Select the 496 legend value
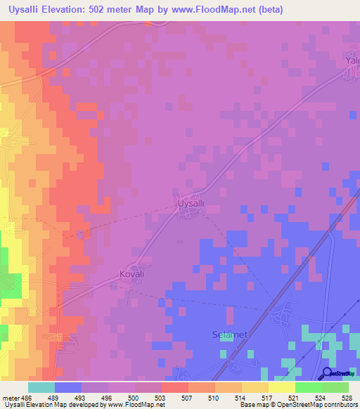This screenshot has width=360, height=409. click(106, 397)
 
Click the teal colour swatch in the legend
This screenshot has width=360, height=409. click(41, 387)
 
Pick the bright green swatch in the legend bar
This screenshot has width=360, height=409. click(309, 387)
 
